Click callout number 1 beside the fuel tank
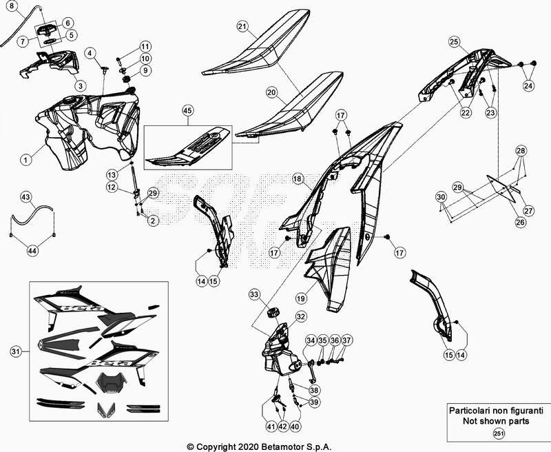(x=25, y=159)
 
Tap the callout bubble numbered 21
(x=242, y=27)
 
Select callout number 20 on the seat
(x=271, y=92)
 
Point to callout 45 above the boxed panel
(x=188, y=110)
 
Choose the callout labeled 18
(x=297, y=178)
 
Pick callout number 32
(x=300, y=316)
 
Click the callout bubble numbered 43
(x=25, y=197)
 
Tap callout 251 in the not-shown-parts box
(x=498, y=433)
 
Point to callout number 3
(x=80, y=86)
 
